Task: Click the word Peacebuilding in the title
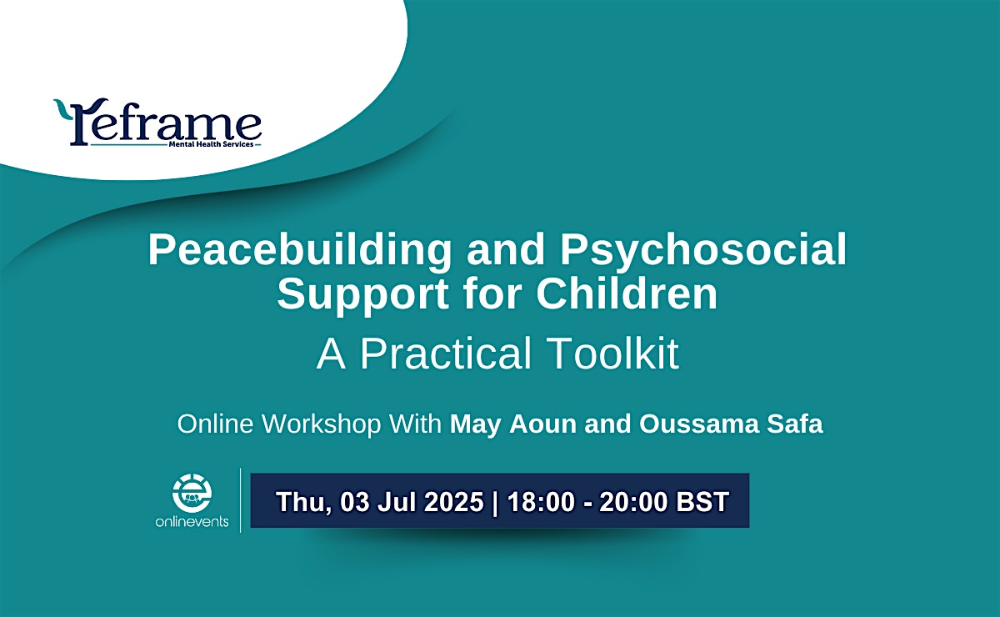[x=299, y=251]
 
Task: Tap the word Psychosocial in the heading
[x=703, y=251]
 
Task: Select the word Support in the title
[x=363, y=294]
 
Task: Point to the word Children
[x=627, y=293]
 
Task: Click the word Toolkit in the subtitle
[x=614, y=354]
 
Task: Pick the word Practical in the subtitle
[x=446, y=354]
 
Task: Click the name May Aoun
[x=513, y=424]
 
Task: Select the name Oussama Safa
[x=731, y=424]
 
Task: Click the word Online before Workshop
[x=215, y=424]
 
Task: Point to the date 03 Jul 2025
[x=412, y=501]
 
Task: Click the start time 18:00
[x=541, y=501]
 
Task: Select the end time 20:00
[x=633, y=501]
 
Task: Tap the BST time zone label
[x=702, y=501]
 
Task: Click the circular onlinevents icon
[x=192, y=494]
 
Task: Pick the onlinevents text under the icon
[x=192, y=521]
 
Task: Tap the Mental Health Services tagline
[x=211, y=144]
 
